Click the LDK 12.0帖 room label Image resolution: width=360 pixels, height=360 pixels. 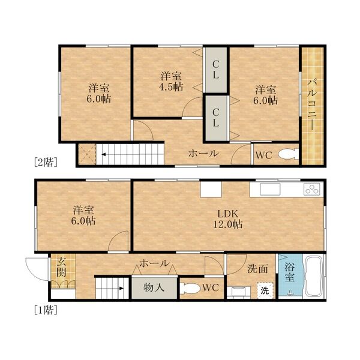pyautogui.click(x=228, y=219)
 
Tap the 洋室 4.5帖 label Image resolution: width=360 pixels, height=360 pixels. pyautogui.click(x=171, y=81)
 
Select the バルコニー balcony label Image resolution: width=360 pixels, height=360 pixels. pyautogui.click(x=311, y=105)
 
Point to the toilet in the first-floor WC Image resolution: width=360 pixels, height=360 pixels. pyautogui.click(x=189, y=289)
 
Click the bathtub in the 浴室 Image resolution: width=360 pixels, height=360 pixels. pyautogui.click(x=314, y=277)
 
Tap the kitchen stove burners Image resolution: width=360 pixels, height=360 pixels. pyautogui.click(x=312, y=189)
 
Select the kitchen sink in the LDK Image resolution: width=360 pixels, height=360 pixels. pyautogui.click(x=270, y=189)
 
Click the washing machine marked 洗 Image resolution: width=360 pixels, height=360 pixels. pyautogui.click(x=265, y=290)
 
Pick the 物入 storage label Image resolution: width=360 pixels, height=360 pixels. pyautogui.click(x=154, y=287)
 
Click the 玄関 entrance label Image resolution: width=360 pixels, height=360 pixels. pyautogui.click(x=62, y=267)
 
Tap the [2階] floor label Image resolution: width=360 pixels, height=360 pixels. pyautogui.click(x=46, y=163)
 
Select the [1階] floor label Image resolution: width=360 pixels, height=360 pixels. pyautogui.click(x=46, y=310)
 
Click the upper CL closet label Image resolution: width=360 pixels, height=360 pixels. pyautogui.click(x=215, y=70)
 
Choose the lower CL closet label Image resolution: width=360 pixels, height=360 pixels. pyautogui.click(x=215, y=118)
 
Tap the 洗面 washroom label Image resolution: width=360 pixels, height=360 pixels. pyautogui.click(x=258, y=269)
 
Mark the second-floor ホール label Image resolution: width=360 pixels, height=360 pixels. pyautogui.click(x=203, y=153)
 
